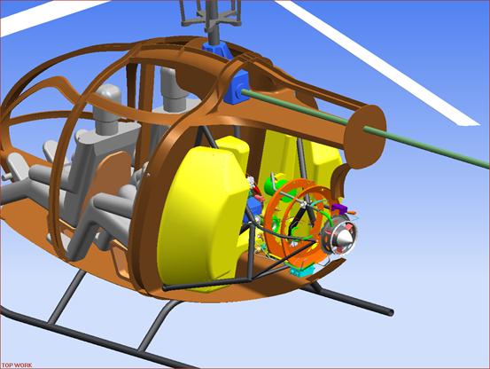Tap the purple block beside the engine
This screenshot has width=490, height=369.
tap(339, 208)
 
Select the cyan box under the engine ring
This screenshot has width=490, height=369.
tap(301, 270)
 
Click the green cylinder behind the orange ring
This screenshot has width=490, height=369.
tap(273, 186)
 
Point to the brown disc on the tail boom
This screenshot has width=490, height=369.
tap(365, 137)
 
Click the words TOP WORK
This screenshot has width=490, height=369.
tap(16, 365)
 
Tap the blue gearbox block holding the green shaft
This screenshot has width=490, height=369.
tap(237, 88)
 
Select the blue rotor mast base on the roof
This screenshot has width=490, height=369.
tap(217, 50)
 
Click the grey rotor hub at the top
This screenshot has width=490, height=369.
tap(212, 15)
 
